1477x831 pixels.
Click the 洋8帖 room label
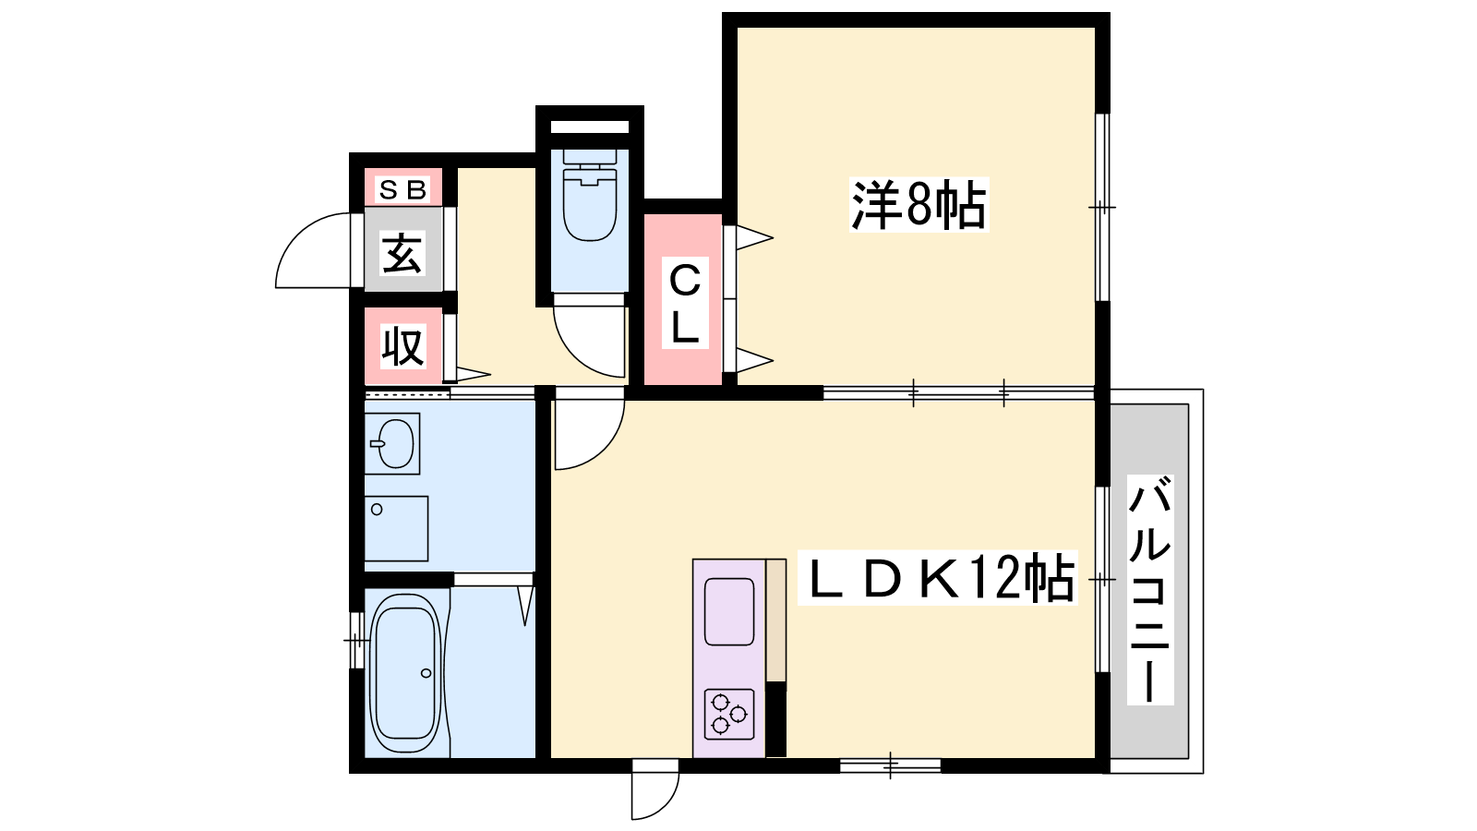[x=919, y=204]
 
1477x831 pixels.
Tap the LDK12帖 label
[x=938, y=578]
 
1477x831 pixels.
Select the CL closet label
[x=685, y=303]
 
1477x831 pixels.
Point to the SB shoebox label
[x=402, y=190]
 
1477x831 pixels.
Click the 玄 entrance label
[x=402, y=253]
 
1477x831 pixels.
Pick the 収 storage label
[x=402, y=346]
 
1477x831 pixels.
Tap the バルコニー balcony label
[x=1150, y=590]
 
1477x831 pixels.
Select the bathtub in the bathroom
[x=405, y=673]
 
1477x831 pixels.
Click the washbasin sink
[x=393, y=444]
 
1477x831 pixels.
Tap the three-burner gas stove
[x=729, y=715]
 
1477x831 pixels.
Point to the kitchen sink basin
[x=729, y=611]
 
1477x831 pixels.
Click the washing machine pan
[x=396, y=529]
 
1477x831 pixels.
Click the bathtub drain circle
[x=426, y=673]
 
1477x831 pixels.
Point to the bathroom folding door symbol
[x=525, y=606]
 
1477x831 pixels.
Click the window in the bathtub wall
[x=356, y=640]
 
